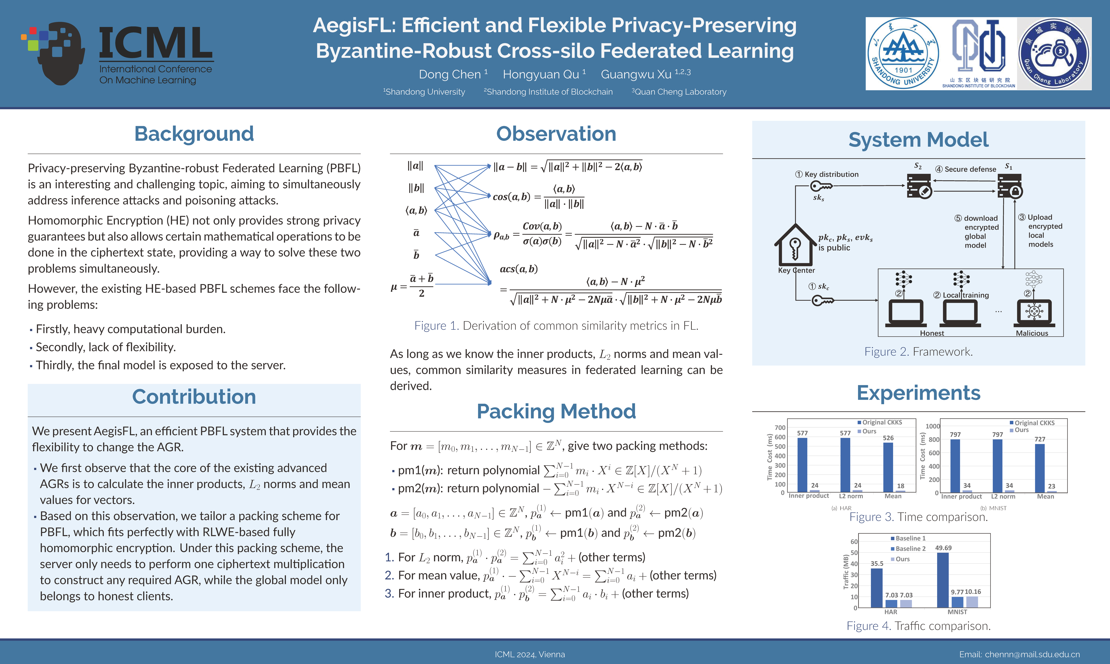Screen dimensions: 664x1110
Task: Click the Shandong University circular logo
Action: (903, 54)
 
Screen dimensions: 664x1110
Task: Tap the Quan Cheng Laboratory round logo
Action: (1054, 54)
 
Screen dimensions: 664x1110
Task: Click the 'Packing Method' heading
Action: (556, 411)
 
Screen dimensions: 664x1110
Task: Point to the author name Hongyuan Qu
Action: (541, 74)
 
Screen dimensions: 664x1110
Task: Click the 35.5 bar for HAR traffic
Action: (876, 587)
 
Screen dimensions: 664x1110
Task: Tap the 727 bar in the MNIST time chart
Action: (1040, 468)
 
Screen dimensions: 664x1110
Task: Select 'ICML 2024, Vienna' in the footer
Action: (530, 654)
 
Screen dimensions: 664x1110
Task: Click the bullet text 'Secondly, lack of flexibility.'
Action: (106, 347)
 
